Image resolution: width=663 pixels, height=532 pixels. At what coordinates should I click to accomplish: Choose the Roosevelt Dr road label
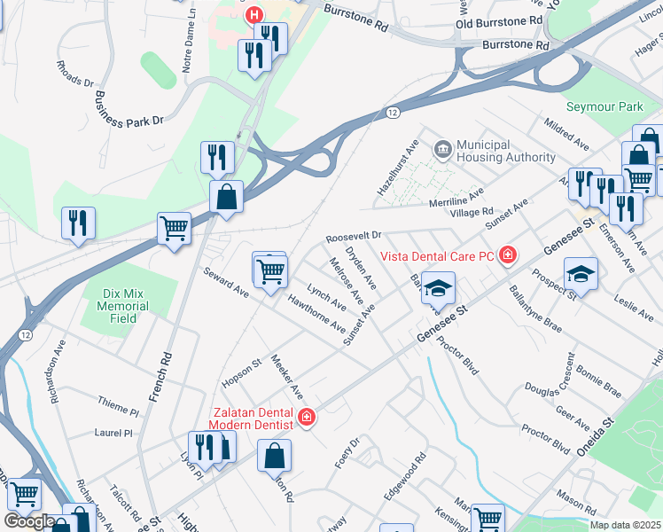pos(353,238)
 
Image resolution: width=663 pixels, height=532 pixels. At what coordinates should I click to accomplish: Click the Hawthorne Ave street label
pos(316,314)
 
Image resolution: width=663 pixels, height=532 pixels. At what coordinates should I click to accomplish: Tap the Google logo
pos(29,521)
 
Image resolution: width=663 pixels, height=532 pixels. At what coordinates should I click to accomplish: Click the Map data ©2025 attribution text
pos(625,525)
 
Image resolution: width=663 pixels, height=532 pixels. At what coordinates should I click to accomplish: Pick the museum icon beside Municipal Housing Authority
pos(441,151)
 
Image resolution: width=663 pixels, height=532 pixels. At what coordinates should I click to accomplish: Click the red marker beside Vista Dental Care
pos(508,256)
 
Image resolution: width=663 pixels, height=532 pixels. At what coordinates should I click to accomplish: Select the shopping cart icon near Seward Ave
pos(270,270)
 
